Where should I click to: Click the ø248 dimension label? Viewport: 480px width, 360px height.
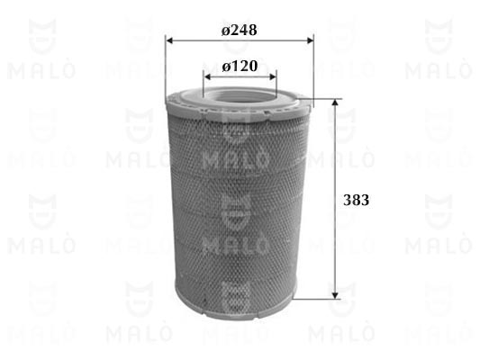[239, 30]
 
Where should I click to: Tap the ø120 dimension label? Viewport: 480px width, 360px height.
[240, 66]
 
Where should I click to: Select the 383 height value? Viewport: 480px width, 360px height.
[356, 200]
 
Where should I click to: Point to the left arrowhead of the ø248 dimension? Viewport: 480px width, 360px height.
[169, 40]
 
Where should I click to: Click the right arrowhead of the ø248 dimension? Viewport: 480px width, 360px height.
[310, 40]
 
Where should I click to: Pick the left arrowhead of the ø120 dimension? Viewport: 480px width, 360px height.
[208, 76]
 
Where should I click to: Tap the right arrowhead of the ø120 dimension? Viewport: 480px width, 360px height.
[273, 76]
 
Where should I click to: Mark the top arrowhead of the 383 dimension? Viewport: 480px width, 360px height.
[336, 103]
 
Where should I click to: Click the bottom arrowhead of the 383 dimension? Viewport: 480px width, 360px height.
[336, 295]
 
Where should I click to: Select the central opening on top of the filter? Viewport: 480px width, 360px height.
[240, 94]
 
